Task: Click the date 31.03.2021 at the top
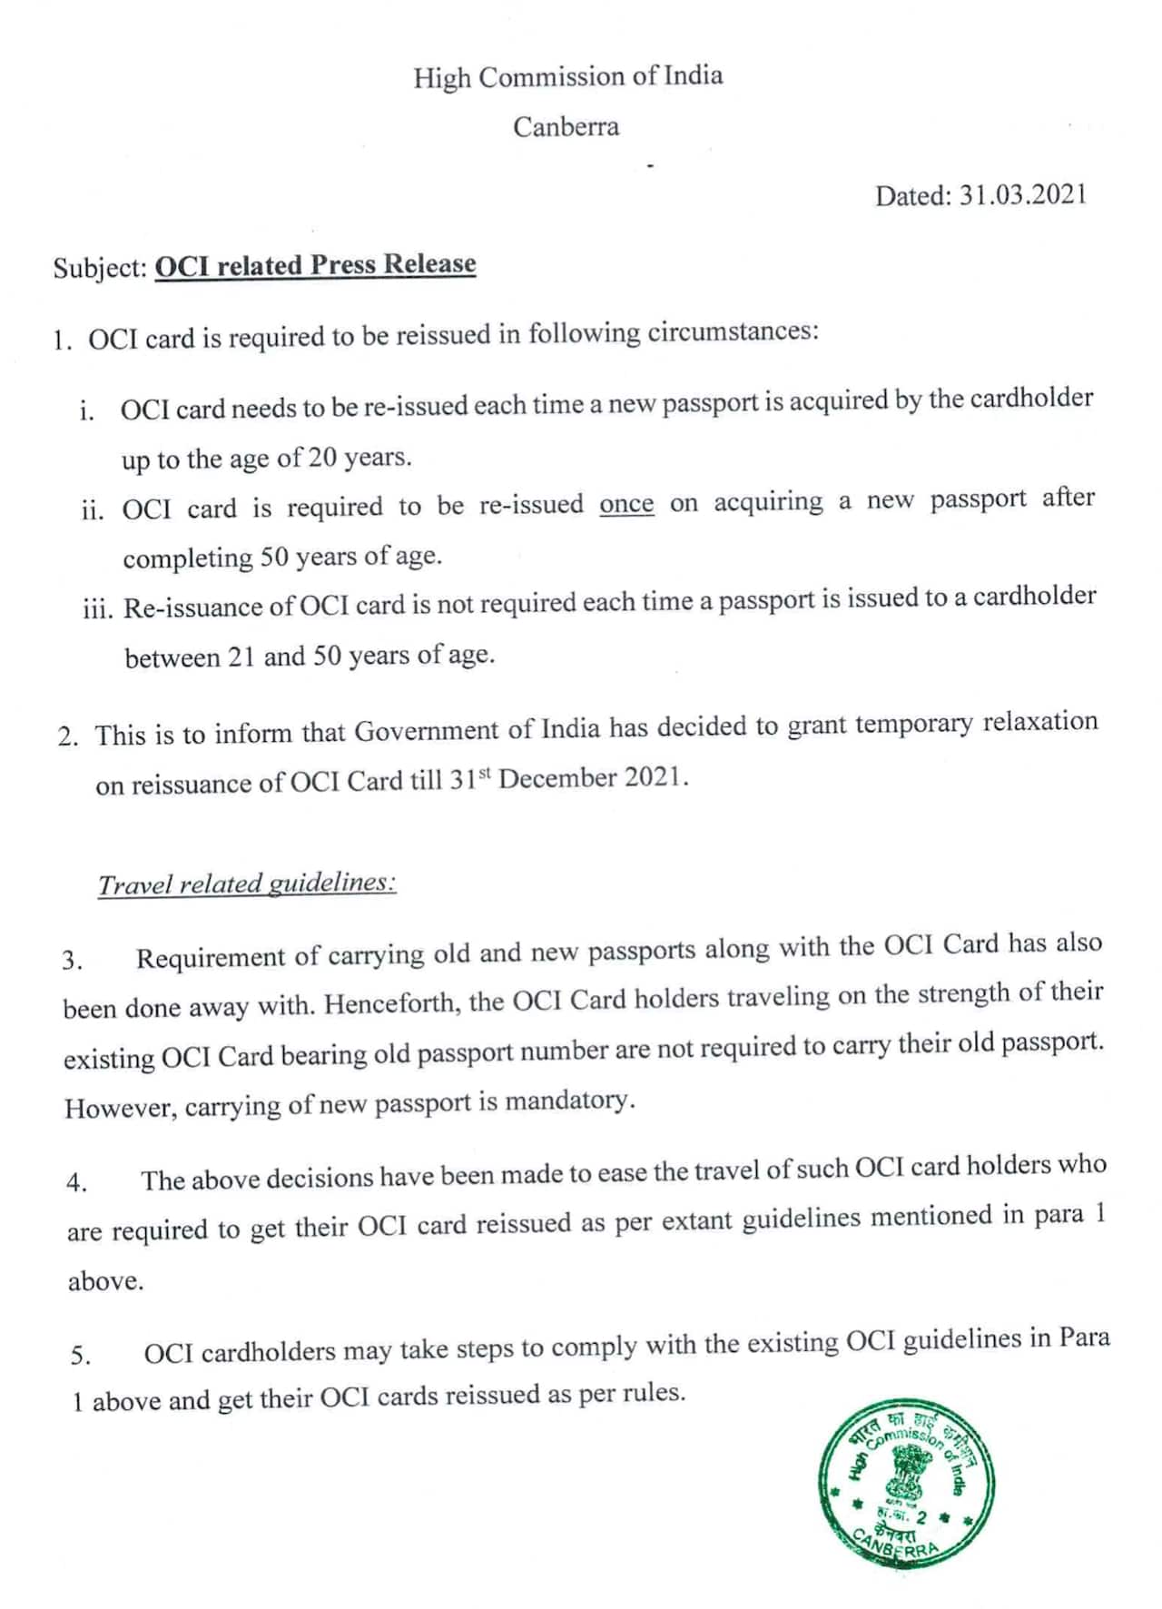[x=1023, y=195]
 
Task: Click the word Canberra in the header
[x=566, y=126]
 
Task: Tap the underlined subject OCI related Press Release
[x=315, y=264]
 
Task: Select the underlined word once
[x=626, y=504]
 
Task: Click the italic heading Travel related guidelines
[x=247, y=883]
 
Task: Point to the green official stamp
[x=905, y=1485]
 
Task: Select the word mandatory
[x=568, y=1101]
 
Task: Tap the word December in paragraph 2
[x=556, y=779]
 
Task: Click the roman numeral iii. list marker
[x=98, y=608]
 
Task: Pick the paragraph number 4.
[x=76, y=1182]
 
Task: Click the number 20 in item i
[x=322, y=457]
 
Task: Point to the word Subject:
[x=100, y=268]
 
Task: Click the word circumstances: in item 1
[x=733, y=331]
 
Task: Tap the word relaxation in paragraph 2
[x=1040, y=723]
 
